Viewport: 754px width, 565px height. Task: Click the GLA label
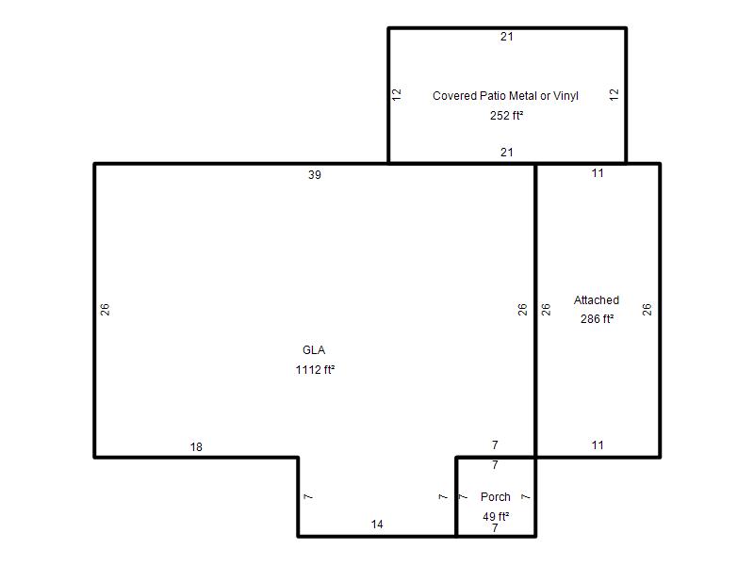pyautogui.click(x=314, y=350)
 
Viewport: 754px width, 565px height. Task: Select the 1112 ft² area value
pyautogui.click(x=315, y=369)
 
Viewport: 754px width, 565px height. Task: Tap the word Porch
pyautogui.click(x=496, y=497)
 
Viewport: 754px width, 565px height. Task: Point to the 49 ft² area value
pyautogui.click(x=496, y=516)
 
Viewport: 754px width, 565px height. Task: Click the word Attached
pyautogui.click(x=597, y=300)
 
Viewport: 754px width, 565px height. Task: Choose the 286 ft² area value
pyautogui.click(x=597, y=319)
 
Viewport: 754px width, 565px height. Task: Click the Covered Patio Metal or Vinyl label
pyautogui.click(x=505, y=96)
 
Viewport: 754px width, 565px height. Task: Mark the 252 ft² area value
pyautogui.click(x=506, y=115)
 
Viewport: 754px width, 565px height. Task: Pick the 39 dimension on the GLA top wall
pyautogui.click(x=315, y=175)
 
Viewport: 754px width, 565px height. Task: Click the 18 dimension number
pyautogui.click(x=196, y=447)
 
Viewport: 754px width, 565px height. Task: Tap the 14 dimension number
pyautogui.click(x=377, y=525)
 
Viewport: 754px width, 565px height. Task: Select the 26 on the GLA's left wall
pyautogui.click(x=105, y=310)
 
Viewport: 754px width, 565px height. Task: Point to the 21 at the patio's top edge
pyautogui.click(x=507, y=37)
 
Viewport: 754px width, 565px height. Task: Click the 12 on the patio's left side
pyautogui.click(x=397, y=95)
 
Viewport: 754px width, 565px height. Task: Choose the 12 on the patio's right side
pyautogui.click(x=615, y=95)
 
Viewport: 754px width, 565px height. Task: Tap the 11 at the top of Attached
pyautogui.click(x=598, y=173)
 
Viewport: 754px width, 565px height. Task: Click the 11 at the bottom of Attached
pyautogui.click(x=598, y=445)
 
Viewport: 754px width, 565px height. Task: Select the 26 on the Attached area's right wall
pyautogui.click(x=647, y=310)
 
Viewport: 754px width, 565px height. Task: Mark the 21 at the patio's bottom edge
pyautogui.click(x=507, y=153)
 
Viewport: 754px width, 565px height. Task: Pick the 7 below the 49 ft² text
pyautogui.click(x=495, y=528)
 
